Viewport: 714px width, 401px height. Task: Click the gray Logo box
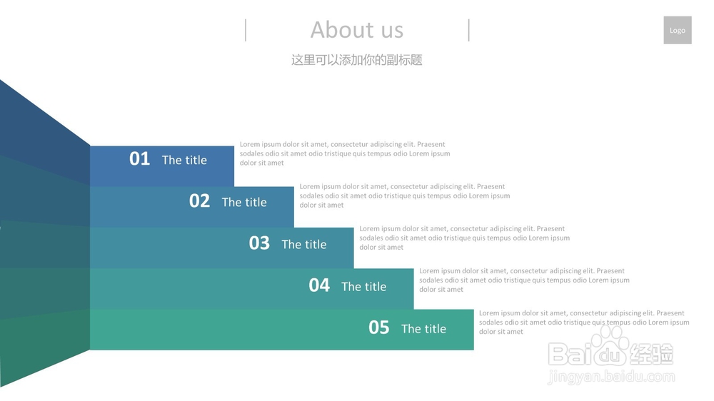[x=677, y=30]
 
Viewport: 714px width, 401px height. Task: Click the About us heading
[x=357, y=30]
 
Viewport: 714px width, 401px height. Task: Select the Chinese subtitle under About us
[x=357, y=60]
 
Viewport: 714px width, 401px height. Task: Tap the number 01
[x=139, y=159]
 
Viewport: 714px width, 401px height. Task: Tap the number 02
[x=199, y=200]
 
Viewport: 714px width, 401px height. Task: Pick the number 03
[x=259, y=243]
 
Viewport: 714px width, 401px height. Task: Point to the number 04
[x=319, y=285]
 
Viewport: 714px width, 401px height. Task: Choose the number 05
[x=379, y=328]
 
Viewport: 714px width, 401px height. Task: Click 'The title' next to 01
[x=184, y=160]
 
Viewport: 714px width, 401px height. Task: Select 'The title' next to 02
[x=244, y=202]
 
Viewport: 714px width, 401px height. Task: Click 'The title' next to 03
[x=304, y=245]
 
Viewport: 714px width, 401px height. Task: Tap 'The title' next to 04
[x=364, y=287]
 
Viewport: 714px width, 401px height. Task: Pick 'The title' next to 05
[x=423, y=329]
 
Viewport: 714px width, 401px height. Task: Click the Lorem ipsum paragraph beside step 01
[x=345, y=153]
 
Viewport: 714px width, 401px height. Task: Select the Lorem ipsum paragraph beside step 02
[x=405, y=196]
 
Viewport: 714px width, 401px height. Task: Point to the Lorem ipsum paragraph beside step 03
[x=465, y=238]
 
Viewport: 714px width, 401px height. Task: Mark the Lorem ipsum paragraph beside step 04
[x=525, y=280]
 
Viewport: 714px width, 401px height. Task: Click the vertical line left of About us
[x=246, y=30]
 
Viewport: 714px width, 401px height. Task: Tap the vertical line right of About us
[x=468, y=30]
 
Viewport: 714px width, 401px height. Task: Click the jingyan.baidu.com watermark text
[x=611, y=377]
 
